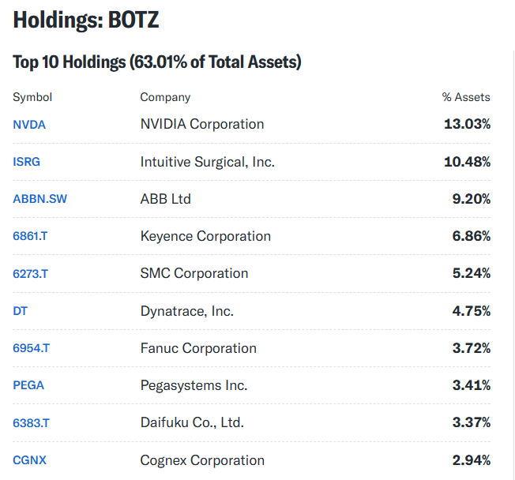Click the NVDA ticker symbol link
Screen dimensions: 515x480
(29, 125)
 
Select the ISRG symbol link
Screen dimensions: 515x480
(26, 162)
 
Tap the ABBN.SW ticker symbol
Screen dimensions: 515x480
(39, 199)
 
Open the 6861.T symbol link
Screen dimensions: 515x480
(30, 236)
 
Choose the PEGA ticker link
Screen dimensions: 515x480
(28, 385)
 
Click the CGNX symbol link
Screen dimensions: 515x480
(29, 460)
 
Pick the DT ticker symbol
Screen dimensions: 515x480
(20, 311)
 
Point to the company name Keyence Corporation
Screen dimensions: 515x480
(205, 236)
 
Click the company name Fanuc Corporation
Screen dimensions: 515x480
(198, 348)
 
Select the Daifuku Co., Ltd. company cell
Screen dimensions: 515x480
(192, 422)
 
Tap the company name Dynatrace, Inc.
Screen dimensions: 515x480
(187, 311)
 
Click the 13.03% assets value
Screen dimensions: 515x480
(467, 124)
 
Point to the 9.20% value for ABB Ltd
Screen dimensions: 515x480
(472, 199)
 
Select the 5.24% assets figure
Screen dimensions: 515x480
(472, 273)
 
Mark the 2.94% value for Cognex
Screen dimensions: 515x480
(472, 460)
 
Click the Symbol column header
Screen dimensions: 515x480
(32, 97)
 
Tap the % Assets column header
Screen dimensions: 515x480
(466, 97)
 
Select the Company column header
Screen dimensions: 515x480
(165, 97)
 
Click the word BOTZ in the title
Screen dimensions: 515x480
(133, 20)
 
